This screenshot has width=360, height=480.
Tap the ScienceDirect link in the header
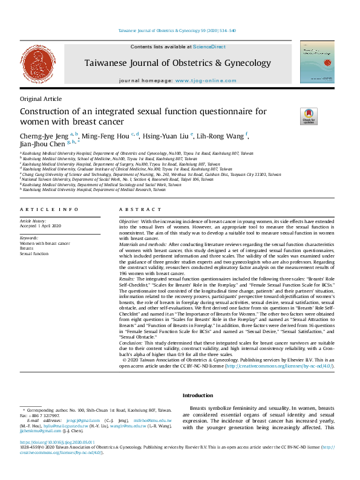point(209,47)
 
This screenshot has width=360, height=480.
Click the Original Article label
point(41,99)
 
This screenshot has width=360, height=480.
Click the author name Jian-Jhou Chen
point(42,144)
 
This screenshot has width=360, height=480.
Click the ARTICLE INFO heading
point(49,209)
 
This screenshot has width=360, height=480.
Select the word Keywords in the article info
point(28,238)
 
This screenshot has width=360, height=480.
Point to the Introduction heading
point(198,395)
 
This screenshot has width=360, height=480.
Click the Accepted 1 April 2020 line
point(41,226)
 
